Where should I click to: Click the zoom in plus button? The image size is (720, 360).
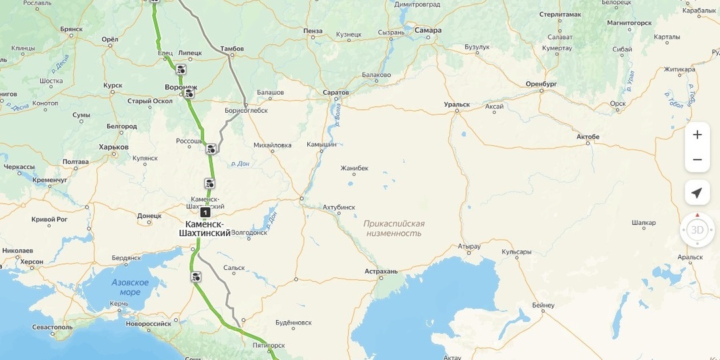coord(697,135)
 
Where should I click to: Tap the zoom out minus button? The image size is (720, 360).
coord(697,160)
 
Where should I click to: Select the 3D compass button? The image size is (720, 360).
coord(697,230)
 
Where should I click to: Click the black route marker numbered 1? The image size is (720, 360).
coord(205,212)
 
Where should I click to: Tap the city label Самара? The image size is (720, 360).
coord(427,30)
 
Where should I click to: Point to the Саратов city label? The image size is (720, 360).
coord(335,91)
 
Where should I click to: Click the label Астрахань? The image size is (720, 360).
coord(381,271)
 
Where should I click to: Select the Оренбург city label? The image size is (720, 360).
coord(541,84)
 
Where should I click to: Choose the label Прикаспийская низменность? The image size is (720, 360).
coord(394,229)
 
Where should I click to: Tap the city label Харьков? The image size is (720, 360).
coord(113,147)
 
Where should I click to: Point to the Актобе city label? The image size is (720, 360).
coord(588,137)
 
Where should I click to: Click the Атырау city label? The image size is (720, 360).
coord(469,246)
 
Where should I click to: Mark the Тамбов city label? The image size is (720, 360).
coord(232,49)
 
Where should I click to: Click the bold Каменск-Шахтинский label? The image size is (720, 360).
coord(205,228)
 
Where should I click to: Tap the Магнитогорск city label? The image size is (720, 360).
coord(629,23)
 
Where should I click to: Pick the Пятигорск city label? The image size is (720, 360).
coord(269,345)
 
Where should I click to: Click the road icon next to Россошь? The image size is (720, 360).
coord(211,148)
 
